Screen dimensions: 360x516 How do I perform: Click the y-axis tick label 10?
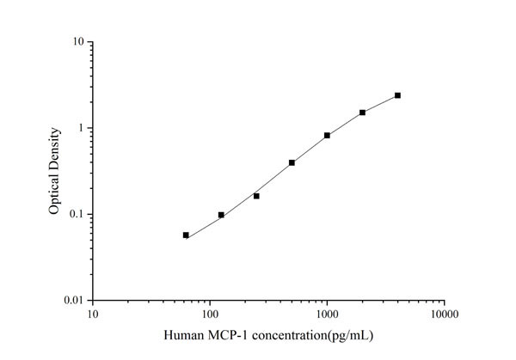(x=77, y=42)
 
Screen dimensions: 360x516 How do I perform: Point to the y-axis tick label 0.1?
(x=76, y=214)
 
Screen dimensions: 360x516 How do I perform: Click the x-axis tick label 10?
(x=93, y=314)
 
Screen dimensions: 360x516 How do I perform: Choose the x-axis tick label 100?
(x=210, y=314)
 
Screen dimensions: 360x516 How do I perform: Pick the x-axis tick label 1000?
(x=327, y=314)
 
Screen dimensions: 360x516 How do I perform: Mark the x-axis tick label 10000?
(x=444, y=314)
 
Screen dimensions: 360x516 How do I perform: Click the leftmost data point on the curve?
(x=186, y=235)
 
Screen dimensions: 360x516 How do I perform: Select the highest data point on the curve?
(x=397, y=95)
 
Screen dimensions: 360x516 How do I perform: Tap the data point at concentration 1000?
(x=327, y=135)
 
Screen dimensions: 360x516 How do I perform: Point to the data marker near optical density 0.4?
(x=292, y=162)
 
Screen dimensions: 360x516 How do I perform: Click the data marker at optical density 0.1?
(x=221, y=215)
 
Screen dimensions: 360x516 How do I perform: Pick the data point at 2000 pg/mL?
(x=362, y=113)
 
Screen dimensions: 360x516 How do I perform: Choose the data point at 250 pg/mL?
(x=256, y=196)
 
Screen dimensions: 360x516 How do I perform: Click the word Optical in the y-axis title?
(x=54, y=192)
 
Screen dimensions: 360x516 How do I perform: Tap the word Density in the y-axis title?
(x=54, y=147)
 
